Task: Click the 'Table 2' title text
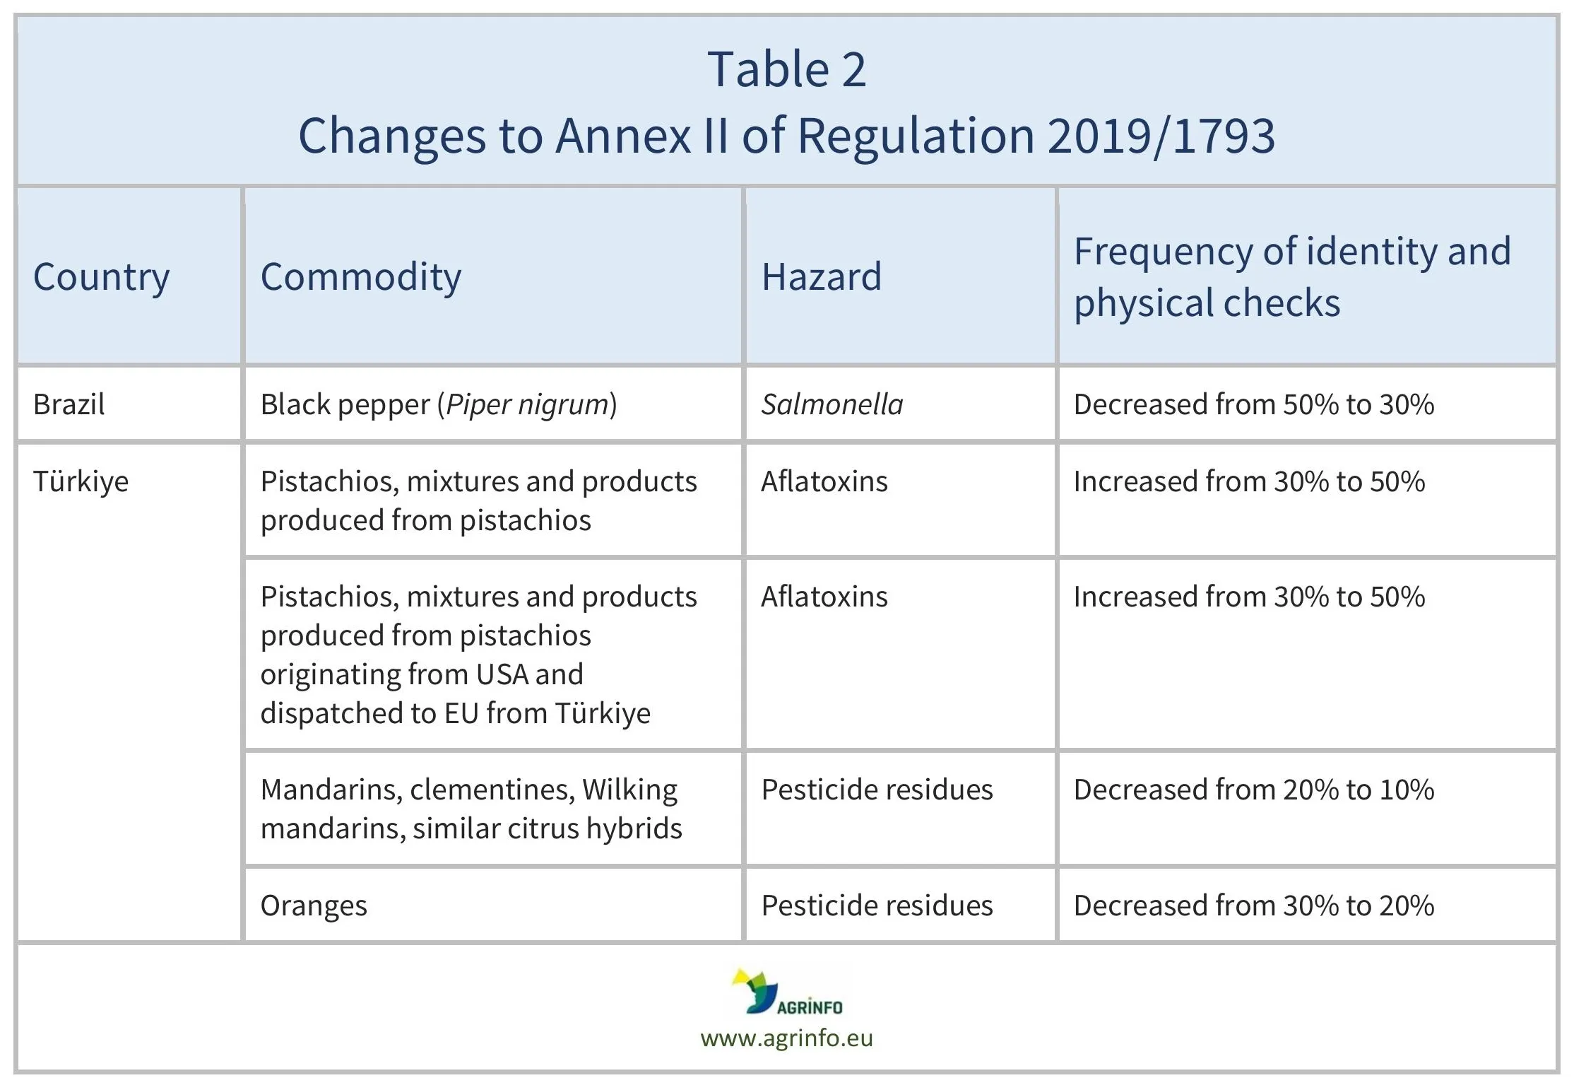(x=786, y=70)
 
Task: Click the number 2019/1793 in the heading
(x=1161, y=136)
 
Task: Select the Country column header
(x=101, y=276)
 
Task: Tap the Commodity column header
(x=360, y=276)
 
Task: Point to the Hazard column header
(x=821, y=276)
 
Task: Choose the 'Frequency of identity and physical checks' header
(x=1291, y=276)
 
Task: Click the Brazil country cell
(x=69, y=404)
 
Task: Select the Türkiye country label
(x=81, y=481)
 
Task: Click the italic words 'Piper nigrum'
(x=527, y=404)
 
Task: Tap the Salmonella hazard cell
(x=832, y=404)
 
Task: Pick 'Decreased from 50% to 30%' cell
(x=1253, y=404)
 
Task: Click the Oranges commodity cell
(x=314, y=906)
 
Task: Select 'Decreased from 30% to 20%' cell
(x=1253, y=906)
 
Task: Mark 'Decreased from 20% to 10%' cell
(x=1253, y=790)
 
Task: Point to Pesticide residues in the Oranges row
(x=876, y=906)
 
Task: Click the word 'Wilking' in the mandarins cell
(x=629, y=790)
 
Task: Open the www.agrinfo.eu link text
(x=786, y=1038)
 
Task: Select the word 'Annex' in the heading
(x=622, y=136)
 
